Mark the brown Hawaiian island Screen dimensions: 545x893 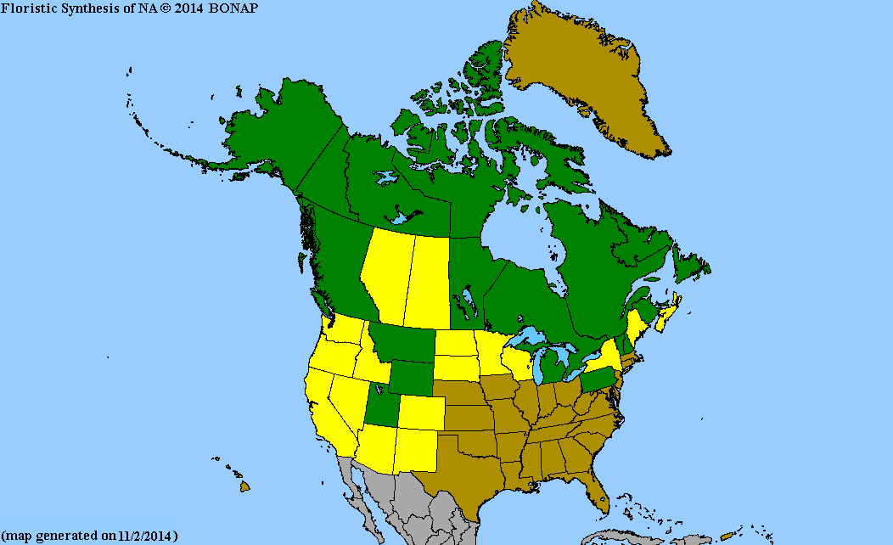(244, 486)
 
